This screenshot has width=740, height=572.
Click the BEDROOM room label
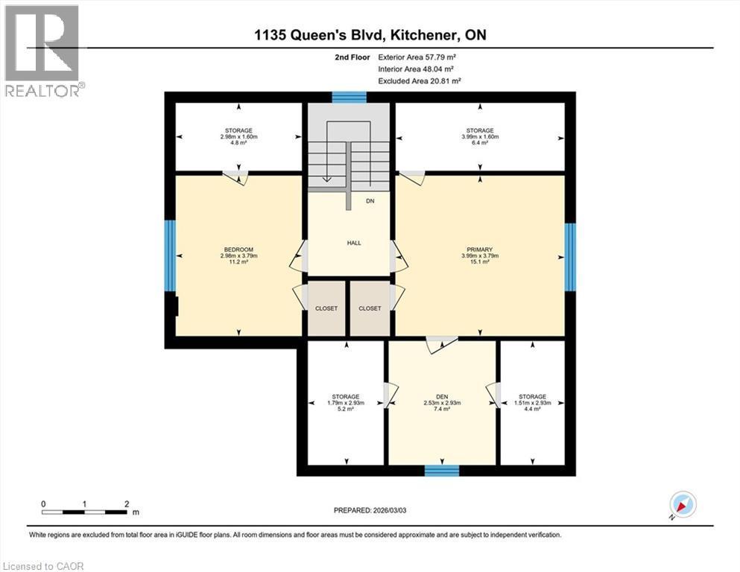coord(238,250)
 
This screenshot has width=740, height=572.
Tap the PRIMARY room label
coord(480,250)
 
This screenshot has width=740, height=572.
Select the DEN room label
coord(441,396)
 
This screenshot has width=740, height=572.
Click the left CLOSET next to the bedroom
coord(326,308)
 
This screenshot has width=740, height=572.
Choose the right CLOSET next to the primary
coord(370,308)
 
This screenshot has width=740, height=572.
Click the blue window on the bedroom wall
coord(170,255)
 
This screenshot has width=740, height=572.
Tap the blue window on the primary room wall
coord(570,257)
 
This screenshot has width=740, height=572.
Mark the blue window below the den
coord(441,470)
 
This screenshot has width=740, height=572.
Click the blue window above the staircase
coord(349,96)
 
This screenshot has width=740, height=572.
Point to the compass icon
coord(682,506)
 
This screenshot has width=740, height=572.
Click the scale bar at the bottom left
coord(85,512)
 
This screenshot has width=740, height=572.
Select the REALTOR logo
coord(43,51)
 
